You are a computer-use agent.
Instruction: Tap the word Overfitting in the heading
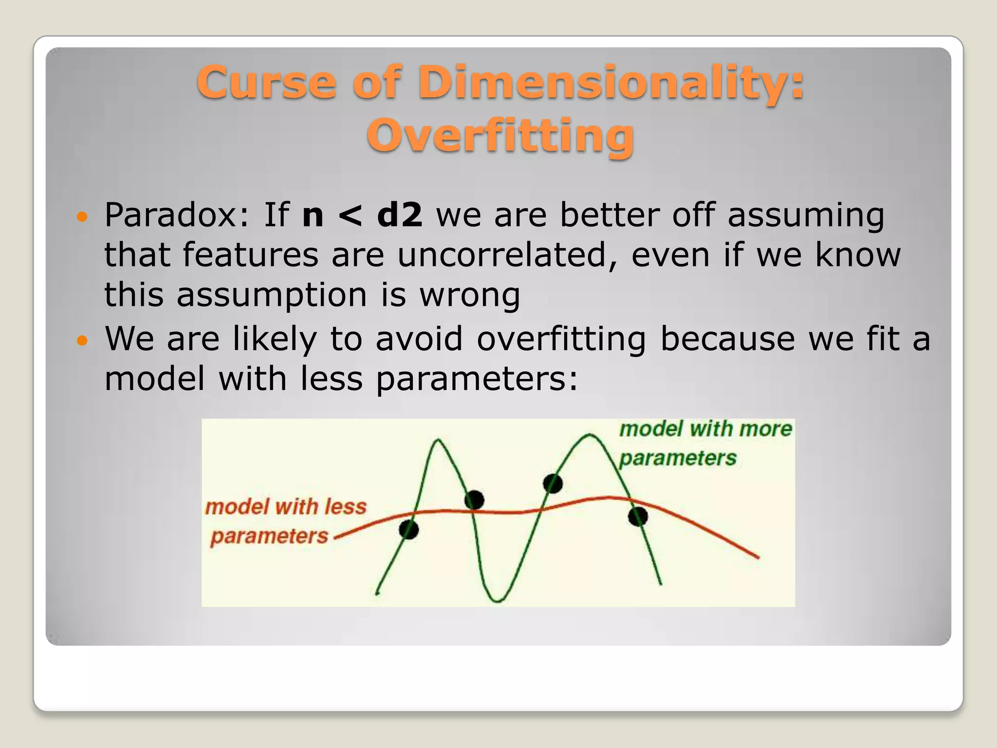tap(500, 135)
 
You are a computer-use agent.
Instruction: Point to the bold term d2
tap(399, 215)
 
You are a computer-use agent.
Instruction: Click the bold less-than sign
tap(350, 216)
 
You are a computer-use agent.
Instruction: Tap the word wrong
tap(470, 295)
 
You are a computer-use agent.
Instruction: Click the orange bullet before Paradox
tap(83, 216)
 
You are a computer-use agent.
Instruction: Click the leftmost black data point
tap(408, 529)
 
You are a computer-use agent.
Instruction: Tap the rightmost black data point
tap(638, 516)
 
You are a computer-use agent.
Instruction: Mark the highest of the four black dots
tap(553, 484)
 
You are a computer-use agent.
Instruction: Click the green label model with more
tap(705, 429)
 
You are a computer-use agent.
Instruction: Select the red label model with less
tap(286, 506)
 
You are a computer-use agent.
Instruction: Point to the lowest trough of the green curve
tap(497, 600)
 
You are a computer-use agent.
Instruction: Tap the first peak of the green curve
tap(438, 441)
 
